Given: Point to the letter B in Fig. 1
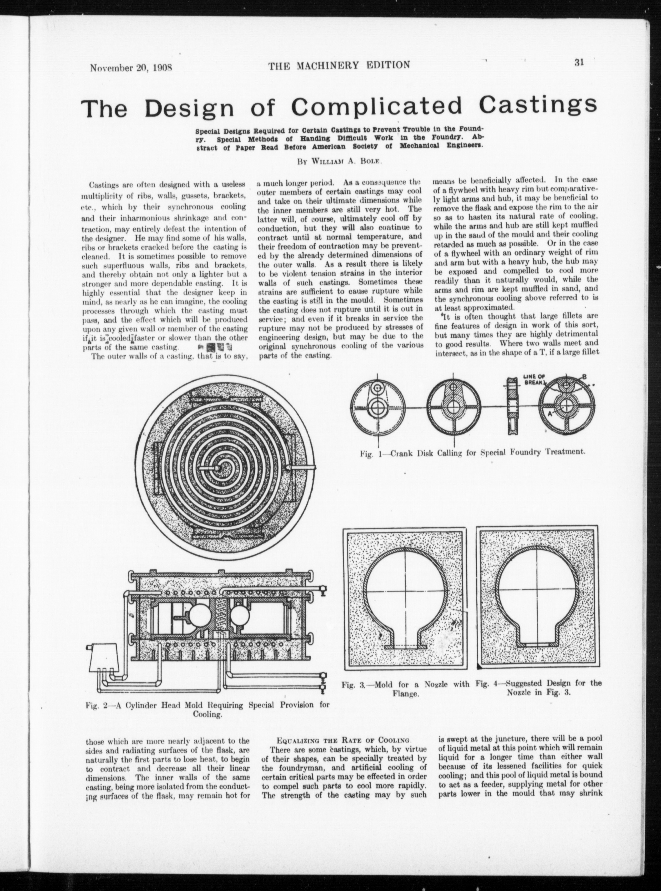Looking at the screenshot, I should (585, 376).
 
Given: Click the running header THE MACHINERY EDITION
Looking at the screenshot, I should (339, 65).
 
